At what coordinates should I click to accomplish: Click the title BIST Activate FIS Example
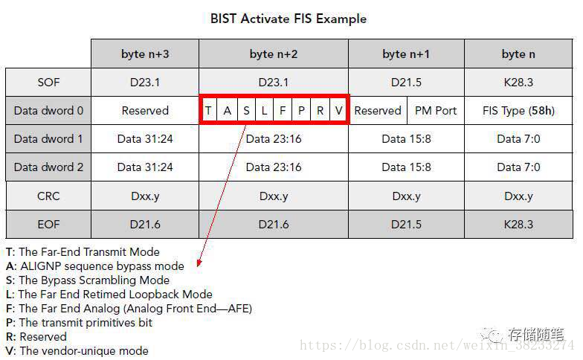tap(289, 18)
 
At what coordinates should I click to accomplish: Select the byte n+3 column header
tap(145, 54)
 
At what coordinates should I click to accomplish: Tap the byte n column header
tap(518, 54)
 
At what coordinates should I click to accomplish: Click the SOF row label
tap(48, 82)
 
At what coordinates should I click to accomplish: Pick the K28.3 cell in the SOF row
tap(518, 82)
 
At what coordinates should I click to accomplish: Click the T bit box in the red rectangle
tap(209, 111)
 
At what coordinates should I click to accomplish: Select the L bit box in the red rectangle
tap(265, 111)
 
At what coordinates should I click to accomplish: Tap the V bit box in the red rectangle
tap(338, 111)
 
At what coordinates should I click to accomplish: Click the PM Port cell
tap(436, 111)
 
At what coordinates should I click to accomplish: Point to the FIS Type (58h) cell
tap(518, 111)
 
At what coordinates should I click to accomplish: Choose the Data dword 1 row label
tap(48, 139)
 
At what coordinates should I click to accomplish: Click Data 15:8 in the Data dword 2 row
tap(406, 167)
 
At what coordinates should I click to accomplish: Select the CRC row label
tap(48, 196)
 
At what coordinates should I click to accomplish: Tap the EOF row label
tap(48, 224)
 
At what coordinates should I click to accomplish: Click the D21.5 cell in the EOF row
tap(406, 224)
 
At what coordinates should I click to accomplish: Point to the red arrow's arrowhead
tap(199, 263)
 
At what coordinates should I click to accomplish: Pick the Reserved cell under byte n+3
tap(145, 111)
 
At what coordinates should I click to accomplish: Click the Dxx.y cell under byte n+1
tap(406, 196)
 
